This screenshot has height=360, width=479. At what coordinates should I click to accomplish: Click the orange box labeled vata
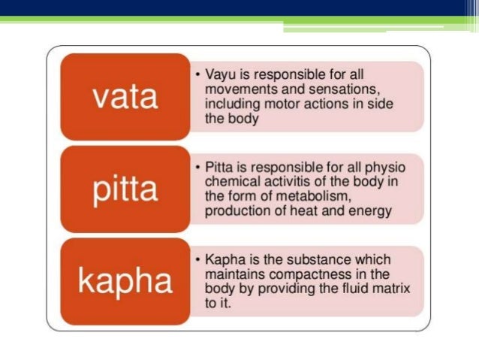click(125, 96)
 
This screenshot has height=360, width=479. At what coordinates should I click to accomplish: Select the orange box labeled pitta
click(125, 189)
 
